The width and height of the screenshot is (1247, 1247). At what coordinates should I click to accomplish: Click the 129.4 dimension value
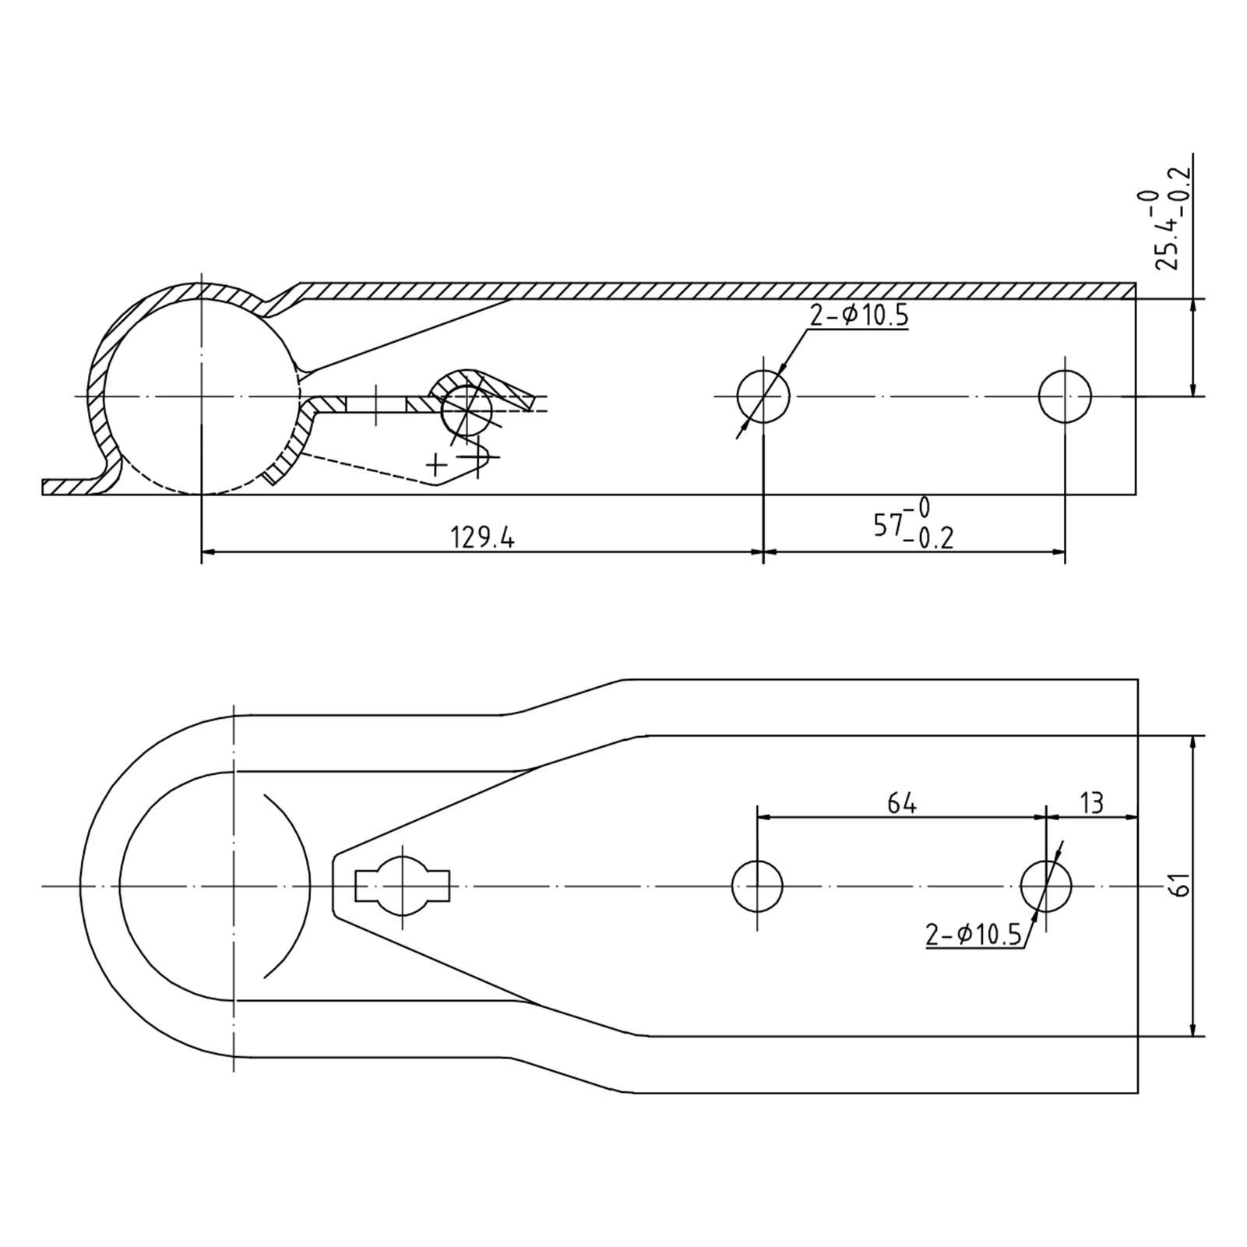click(482, 538)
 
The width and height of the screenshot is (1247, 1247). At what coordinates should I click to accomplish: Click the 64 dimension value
click(901, 803)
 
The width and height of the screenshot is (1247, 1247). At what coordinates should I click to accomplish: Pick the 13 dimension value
click(1092, 803)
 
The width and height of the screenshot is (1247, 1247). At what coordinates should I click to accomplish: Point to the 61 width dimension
click(1180, 886)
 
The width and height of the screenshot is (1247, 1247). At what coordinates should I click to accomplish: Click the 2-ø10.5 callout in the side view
click(858, 316)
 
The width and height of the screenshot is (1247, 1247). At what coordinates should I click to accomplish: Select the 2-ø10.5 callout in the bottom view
click(974, 934)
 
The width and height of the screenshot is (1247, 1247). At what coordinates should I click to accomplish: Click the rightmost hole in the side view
click(1065, 396)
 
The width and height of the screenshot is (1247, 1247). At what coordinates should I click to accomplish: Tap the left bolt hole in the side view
click(763, 396)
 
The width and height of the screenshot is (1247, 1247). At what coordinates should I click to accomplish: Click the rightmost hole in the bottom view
click(1046, 886)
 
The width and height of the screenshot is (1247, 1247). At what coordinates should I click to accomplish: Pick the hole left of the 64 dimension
click(757, 886)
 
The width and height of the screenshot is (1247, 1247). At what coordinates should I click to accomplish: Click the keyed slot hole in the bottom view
click(402, 886)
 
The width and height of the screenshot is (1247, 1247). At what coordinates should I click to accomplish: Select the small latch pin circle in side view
click(467, 410)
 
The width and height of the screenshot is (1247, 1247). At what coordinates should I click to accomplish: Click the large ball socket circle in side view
click(201, 396)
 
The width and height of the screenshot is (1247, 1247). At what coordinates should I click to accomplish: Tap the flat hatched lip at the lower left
click(70, 488)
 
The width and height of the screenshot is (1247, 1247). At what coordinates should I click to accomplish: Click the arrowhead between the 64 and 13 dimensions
click(1046, 817)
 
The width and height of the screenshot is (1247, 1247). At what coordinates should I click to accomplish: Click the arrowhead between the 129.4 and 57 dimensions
click(763, 552)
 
